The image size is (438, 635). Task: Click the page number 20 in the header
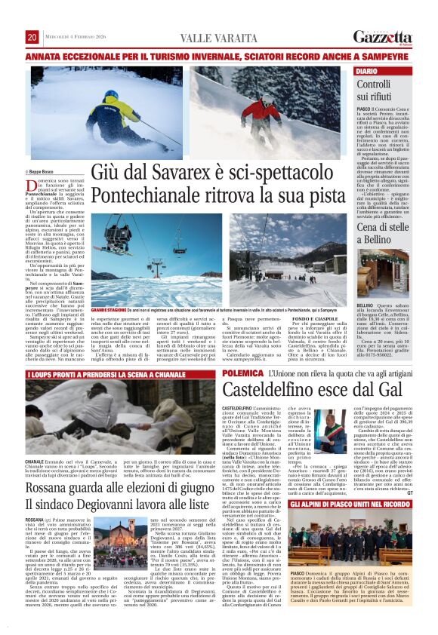[32, 37]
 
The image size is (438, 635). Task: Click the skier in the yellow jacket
[117, 109]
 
